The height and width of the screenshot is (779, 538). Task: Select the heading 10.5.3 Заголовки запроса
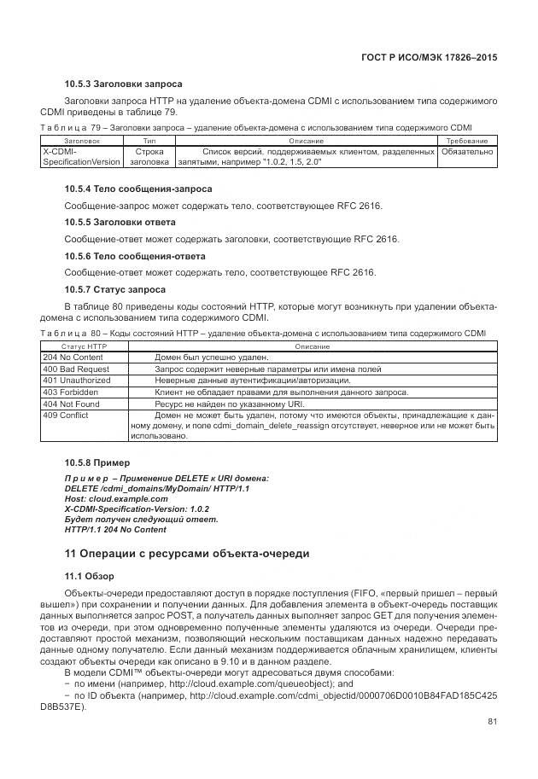[x=123, y=84]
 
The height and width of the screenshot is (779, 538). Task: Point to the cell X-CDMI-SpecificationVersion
[x=81, y=157]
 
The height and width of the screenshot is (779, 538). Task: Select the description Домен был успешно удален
[x=212, y=358]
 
